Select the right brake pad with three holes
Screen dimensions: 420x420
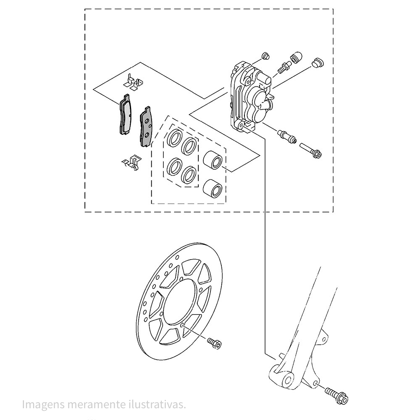tap(146, 127)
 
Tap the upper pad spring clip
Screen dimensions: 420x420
tap(133, 82)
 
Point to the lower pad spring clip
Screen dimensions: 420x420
tap(131, 162)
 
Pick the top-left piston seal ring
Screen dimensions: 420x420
tap(174, 138)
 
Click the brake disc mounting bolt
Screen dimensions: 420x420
tap(215, 343)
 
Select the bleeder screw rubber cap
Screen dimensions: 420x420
tap(296, 57)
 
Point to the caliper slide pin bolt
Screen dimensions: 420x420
tap(310, 150)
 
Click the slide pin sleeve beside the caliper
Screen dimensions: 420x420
tap(287, 136)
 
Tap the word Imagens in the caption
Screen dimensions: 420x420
tap(43, 404)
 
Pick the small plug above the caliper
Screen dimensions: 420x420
tap(265, 56)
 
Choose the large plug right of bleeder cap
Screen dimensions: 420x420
tap(318, 62)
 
